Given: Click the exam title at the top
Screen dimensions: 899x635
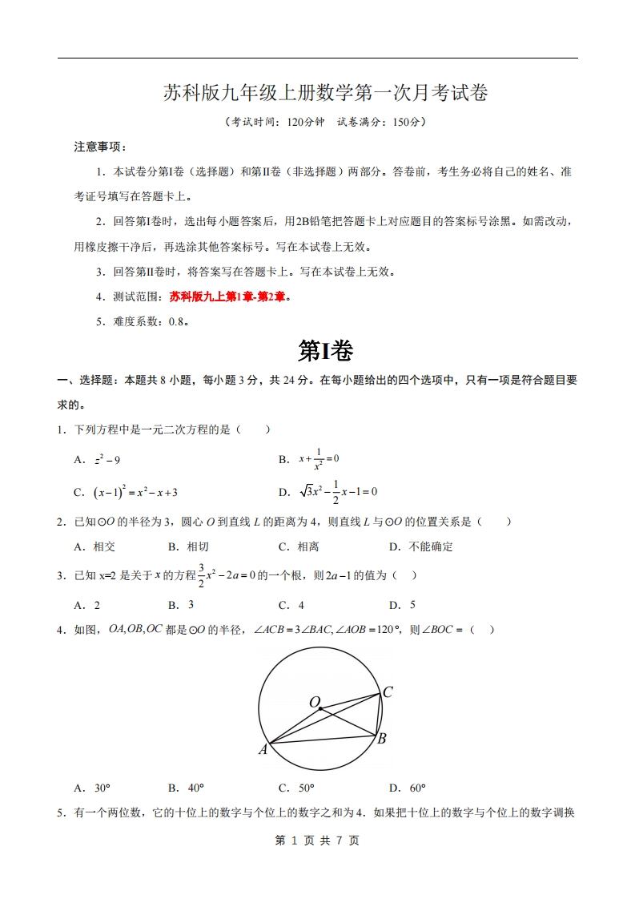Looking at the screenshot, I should point(325,94).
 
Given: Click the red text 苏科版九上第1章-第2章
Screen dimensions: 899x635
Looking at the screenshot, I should point(227,297).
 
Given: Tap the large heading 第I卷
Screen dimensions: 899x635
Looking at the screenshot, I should point(325,350).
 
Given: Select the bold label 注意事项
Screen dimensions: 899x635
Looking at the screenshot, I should point(99,147).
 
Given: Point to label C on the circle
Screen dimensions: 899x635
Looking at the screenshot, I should point(387,692).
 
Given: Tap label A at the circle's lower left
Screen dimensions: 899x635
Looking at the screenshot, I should point(263,750).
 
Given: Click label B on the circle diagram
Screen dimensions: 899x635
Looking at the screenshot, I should point(382,739).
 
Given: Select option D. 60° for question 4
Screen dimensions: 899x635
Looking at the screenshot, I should point(407,788).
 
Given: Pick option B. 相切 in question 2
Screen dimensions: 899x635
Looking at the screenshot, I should point(188,547).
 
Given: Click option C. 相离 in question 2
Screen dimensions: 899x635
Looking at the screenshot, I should point(299,547).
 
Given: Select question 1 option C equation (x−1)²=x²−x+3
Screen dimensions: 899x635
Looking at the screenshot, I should point(125,492).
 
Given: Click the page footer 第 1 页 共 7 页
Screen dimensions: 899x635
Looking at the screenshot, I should point(317,841).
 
